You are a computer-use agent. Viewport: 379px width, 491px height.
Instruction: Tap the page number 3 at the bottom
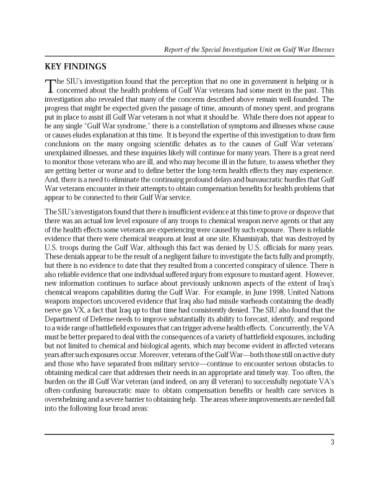(333, 442)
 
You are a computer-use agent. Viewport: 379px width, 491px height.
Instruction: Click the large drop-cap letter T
(50, 86)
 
